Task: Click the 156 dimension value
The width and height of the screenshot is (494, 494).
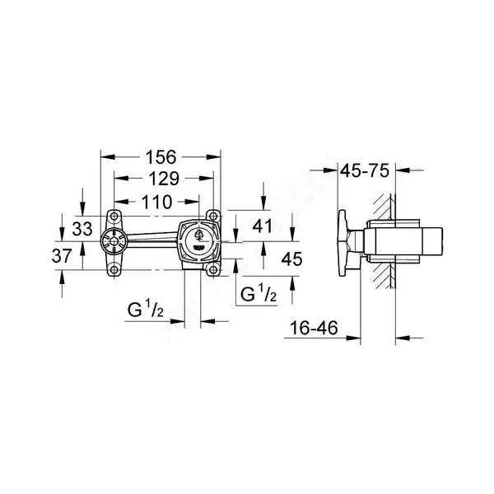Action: pyautogui.click(x=161, y=157)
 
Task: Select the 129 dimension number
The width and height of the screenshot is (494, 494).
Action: pyautogui.click(x=164, y=179)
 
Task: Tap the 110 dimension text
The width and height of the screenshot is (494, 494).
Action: pyautogui.click(x=157, y=202)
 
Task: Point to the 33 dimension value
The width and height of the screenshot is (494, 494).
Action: pyautogui.click(x=82, y=229)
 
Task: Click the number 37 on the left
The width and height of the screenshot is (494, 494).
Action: pyautogui.click(x=62, y=256)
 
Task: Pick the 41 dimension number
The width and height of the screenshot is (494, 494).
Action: pyautogui.click(x=262, y=226)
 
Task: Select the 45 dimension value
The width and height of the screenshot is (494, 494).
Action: pyautogui.click(x=291, y=259)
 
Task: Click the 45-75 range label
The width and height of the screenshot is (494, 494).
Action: pyautogui.click(x=365, y=171)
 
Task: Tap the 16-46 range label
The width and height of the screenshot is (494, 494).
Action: pyautogui.click(x=314, y=328)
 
